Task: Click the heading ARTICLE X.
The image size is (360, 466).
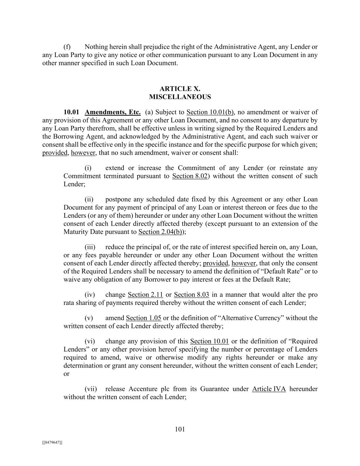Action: [180, 89]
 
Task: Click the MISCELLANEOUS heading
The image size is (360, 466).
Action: [180, 97]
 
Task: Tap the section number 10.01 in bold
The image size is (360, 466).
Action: [71, 112]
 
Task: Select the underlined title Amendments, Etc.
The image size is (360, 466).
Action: [113, 112]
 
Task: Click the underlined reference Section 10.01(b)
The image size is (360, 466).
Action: [210, 112]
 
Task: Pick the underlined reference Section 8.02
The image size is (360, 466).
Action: [190, 176]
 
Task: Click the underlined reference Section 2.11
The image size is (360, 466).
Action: [145, 295]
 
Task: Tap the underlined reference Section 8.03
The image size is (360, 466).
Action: [191, 295]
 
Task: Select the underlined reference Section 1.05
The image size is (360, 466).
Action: [143, 318]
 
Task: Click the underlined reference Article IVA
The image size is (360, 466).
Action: [269, 389]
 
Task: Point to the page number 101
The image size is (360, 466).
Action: [180, 429]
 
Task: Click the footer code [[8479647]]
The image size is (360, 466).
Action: [52, 442]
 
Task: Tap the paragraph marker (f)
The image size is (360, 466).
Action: [67, 47]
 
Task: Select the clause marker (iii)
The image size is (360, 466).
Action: [90, 247]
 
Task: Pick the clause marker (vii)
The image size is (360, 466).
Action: [90, 389]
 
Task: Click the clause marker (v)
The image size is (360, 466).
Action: [89, 318]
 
